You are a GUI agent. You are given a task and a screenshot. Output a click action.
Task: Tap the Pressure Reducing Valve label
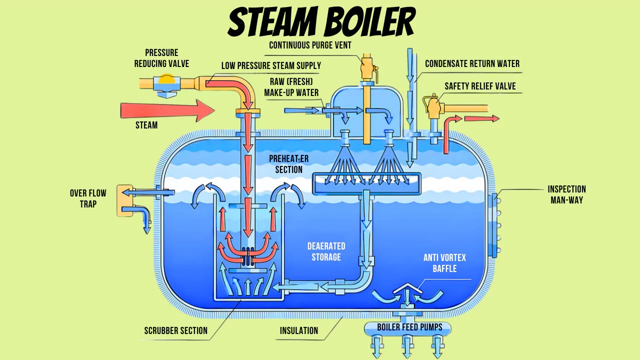tap(161, 58)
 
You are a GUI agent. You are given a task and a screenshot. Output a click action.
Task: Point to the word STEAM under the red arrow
tap(146, 125)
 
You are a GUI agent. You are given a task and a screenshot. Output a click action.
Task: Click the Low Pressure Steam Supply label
tap(271, 66)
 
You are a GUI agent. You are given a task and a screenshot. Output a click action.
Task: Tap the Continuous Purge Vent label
tap(310, 45)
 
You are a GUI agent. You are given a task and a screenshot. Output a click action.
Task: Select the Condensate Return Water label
tap(472, 64)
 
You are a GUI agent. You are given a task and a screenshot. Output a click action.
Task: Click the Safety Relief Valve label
tap(480, 86)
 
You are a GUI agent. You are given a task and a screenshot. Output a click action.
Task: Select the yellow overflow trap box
tap(125, 200)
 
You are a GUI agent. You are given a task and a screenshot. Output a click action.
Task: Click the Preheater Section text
tap(288, 164)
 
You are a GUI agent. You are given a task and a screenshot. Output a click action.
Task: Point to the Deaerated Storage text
tap(326, 251)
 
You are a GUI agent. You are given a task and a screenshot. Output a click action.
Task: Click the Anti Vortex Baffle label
tap(444, 263)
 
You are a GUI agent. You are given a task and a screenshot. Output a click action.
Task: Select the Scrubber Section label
tap(175, 330)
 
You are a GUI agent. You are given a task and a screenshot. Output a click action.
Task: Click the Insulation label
tap(298, 330)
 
